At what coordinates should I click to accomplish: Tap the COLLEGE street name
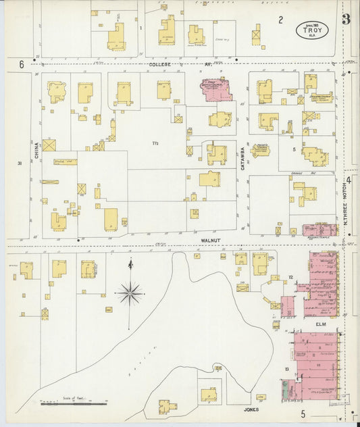(x=161, y=65)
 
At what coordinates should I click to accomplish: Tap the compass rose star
(x=128, y=293)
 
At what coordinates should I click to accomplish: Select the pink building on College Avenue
(x=215, y=89)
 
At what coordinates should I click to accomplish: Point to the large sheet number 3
(x=346, y=19)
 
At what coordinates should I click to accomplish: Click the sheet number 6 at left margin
(x=22, y=64)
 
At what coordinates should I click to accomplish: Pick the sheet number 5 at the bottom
(x=303, y=413)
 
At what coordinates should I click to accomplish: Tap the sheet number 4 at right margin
(x=349, y=180)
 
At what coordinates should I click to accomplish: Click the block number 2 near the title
(x=280, y=20)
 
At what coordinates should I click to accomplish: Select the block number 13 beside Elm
(x=287, y=368)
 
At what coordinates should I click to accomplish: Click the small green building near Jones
(x=285, y=390)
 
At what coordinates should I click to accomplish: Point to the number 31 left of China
(x=20, y=163)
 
